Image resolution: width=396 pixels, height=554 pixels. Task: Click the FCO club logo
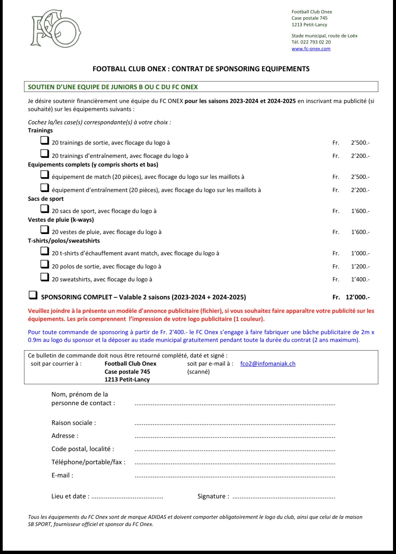click(55, 28)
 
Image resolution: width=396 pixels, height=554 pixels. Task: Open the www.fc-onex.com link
click(311, 49)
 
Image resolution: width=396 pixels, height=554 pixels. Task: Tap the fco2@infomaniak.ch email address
click(268, 364)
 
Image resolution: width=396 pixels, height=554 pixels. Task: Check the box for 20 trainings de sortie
click(45, 140)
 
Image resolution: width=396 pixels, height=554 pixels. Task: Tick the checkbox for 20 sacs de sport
click(45, 209)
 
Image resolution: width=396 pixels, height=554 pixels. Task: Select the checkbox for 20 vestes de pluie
click(45, 230)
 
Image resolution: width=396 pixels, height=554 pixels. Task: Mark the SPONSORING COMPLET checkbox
click(33, 295)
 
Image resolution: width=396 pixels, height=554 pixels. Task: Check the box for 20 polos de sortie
click(45, 264)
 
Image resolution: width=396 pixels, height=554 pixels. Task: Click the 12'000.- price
click(357, 297)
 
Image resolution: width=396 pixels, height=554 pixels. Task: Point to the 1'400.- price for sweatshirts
click(360, 279)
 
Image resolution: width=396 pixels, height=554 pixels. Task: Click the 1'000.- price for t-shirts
click(360, 253)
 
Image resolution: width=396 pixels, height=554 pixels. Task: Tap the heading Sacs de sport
click(46, 199)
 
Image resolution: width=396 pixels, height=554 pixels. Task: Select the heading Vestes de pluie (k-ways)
click(61, 220)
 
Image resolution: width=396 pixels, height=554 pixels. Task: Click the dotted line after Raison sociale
click(235, 424)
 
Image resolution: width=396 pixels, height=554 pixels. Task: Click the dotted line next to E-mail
click(235, 476)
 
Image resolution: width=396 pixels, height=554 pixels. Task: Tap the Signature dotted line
click(284, 497)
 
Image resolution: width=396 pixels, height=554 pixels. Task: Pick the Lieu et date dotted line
click(127, 497)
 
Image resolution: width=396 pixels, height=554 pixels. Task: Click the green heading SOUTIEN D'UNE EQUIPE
click(113, 87)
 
